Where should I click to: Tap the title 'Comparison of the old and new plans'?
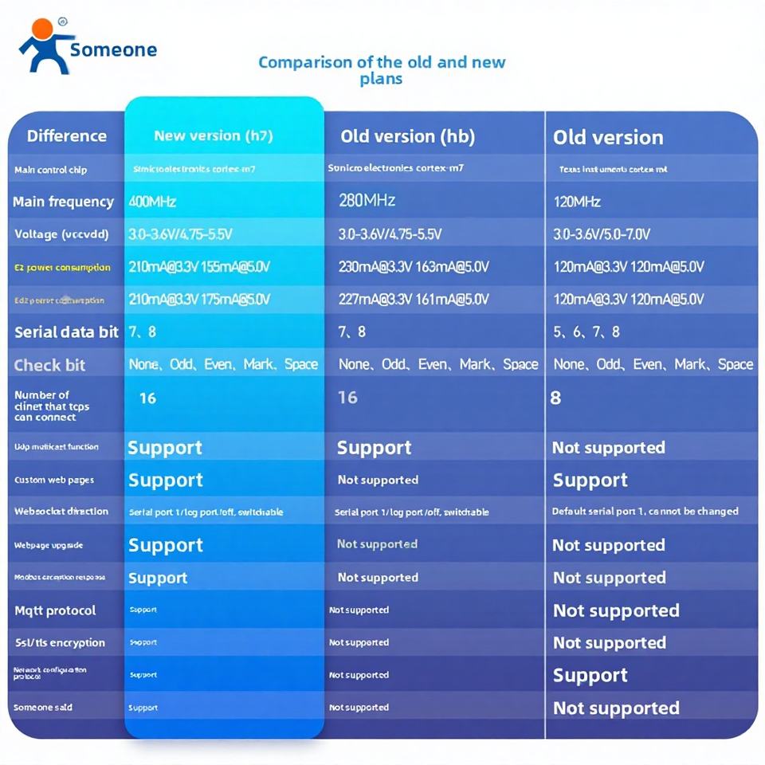[x=382, y=70]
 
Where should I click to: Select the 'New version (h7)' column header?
[x=213, y=135]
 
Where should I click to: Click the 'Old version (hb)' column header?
[x=407, y=136]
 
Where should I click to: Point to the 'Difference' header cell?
[x=66, y=135]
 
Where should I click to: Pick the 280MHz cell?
[x=367, y=200]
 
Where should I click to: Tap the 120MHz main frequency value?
[x=577, y=202]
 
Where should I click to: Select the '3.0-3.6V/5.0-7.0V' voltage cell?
[x=602, y=234]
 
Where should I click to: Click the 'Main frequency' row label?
[x=63, y=202]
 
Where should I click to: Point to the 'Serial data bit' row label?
[x=66, y=332]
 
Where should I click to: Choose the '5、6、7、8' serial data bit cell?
[x=586, y=331]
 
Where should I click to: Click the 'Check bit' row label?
[x=49, y=365]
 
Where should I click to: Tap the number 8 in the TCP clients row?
[x=555, y=397]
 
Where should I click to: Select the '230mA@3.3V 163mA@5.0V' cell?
[x=414, y=267]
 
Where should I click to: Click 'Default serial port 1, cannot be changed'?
[x=645, y=511]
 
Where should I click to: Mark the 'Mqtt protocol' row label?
[x=55, y=610]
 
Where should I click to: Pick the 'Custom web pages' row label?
[x=54, y=480]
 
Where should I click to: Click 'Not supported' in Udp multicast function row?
[x=608, y=448]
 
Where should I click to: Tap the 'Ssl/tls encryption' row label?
[x=60, y=642]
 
